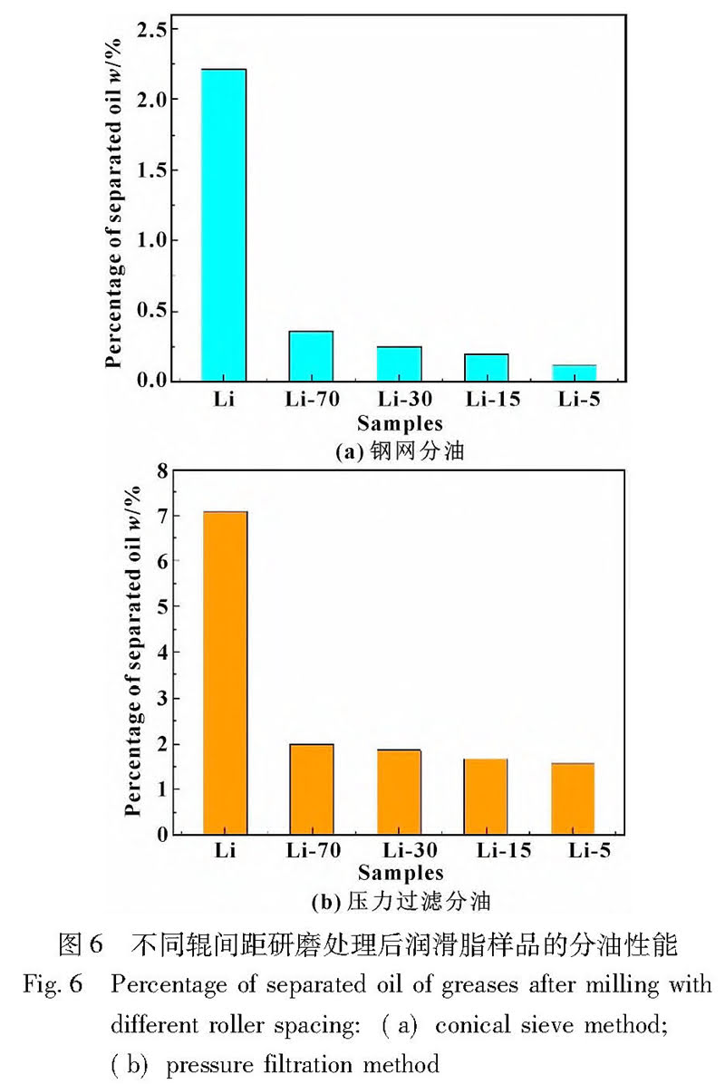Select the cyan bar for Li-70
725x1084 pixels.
pos(312,356)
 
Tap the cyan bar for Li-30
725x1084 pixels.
pos(400,363)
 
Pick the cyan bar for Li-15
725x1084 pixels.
pos(487,367)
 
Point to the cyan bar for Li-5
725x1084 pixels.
pos(575,373)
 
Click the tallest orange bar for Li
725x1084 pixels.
pos(226,673)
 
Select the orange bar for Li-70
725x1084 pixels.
pos(312,789)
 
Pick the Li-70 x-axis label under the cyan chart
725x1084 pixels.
pos(311,400)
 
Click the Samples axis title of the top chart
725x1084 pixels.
pos(400,423)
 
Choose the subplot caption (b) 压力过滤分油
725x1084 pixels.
pos(400,902)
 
